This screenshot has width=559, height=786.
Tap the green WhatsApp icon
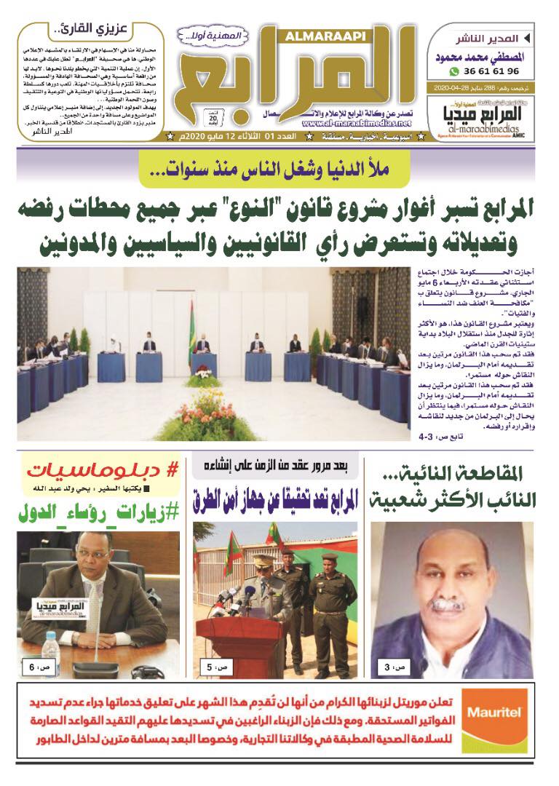click(x=454, y=71)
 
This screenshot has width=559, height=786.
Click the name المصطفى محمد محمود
click(x=483, y=56)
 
